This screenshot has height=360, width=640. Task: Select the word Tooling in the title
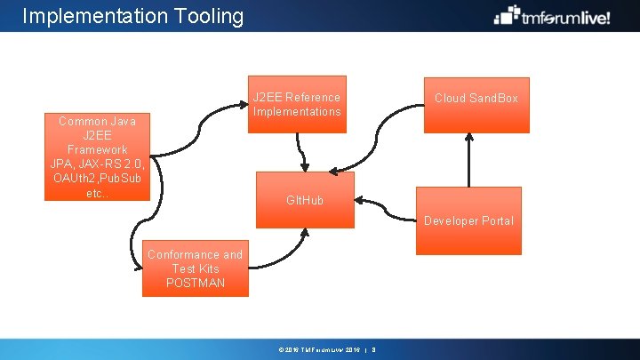(x=207, y=16)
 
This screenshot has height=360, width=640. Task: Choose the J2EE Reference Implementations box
(x=296, y=105)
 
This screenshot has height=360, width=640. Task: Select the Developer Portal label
(x=468, y=220)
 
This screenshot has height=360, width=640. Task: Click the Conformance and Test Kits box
(x=195, y=268)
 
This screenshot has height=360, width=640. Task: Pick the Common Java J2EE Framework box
(x=97, y=157)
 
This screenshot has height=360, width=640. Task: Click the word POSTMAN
(x=196, y=283)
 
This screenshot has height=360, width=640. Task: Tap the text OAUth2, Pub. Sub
(x=97, y=178)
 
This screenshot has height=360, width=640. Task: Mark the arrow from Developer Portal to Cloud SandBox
(x=468, y=160)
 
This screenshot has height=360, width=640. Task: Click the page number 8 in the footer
(x=374, y=349)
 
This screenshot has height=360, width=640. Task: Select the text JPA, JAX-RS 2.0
(x=97, y=164)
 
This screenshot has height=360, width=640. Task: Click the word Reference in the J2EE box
(x=313, y=97)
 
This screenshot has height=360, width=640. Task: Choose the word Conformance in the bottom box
(x=183, y=254)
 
